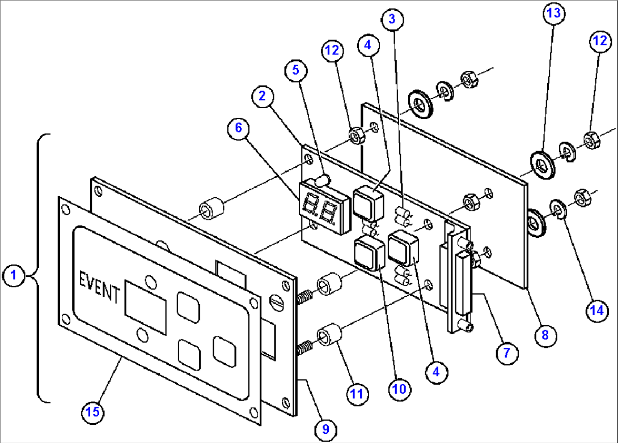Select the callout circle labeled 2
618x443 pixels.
coord(262,96)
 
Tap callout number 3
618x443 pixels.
coord(392,19)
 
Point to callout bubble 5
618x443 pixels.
coord(296,70)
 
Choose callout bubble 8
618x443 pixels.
coord(545,335)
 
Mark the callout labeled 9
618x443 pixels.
coord(325,429)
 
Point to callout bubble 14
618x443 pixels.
coord(595,310)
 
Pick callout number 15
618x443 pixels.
coord(93,412)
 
